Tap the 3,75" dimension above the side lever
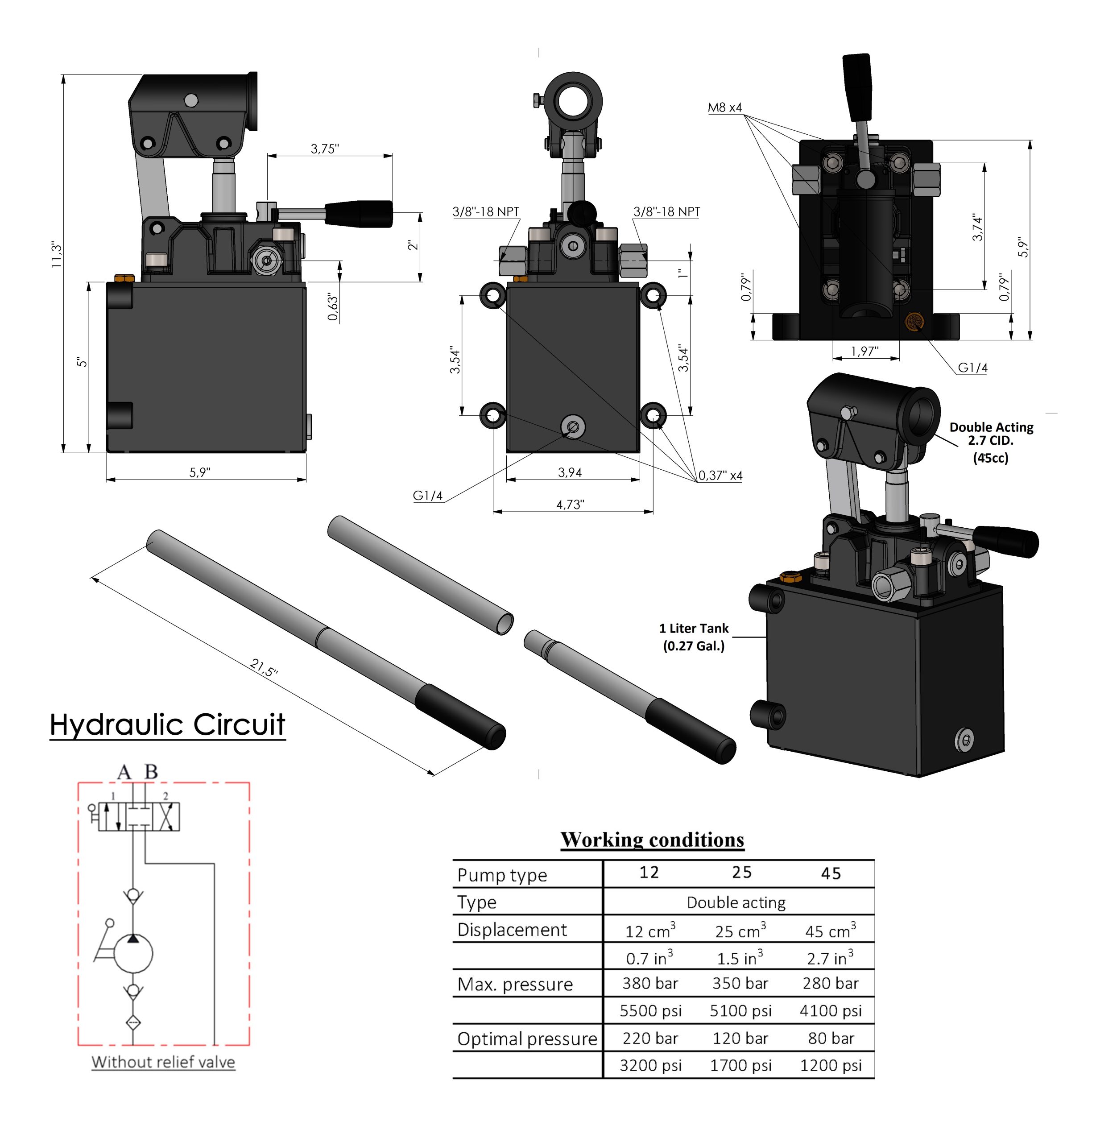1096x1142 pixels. pos(324,149)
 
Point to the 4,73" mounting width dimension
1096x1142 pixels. pos(569,505)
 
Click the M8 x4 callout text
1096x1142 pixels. pos(724,107)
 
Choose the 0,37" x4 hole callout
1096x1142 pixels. pos(720,476)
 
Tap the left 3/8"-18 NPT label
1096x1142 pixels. pos(485,211)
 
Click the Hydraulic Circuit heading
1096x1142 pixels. pos(167,724)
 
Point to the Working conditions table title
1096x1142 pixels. pos(652,840)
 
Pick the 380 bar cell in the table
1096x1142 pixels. pos(649,984)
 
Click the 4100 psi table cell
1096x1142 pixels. pos(830,1010)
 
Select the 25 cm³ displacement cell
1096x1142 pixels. pos(740,931)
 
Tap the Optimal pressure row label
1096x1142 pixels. pos(527,1039)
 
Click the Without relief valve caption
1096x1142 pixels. pos(163,1062)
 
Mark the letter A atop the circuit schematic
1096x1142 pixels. pos(124,772)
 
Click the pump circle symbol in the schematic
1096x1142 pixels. pos(133,954)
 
